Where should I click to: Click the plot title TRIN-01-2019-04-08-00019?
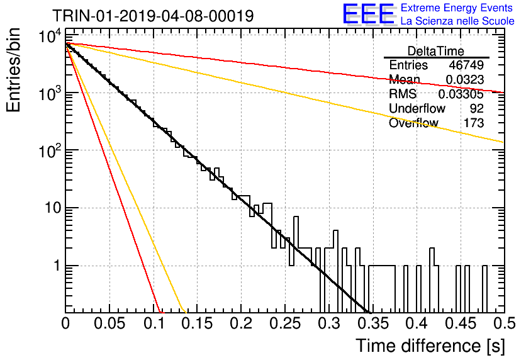(153, 16)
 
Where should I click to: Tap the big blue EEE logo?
(368, 14)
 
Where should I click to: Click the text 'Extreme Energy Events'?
(457, 8)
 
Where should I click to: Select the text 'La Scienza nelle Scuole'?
(457, 21)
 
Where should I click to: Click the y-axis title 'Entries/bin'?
(13, 70)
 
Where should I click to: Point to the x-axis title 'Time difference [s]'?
(430, 346)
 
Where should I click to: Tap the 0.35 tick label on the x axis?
(373, 323)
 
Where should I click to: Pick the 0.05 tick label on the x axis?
(109, 323)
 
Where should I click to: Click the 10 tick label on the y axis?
(53, 208)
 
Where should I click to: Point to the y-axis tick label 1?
(57, 266)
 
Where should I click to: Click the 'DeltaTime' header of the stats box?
(436, 51)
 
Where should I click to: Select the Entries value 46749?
(466, 65)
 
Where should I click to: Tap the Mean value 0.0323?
(464, 79)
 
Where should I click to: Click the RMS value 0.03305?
(461, 94)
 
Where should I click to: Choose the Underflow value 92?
(477, 108)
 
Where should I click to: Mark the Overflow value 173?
(474, 123)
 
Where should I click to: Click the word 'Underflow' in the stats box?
(417, 108)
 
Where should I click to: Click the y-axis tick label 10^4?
(50, 36)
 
